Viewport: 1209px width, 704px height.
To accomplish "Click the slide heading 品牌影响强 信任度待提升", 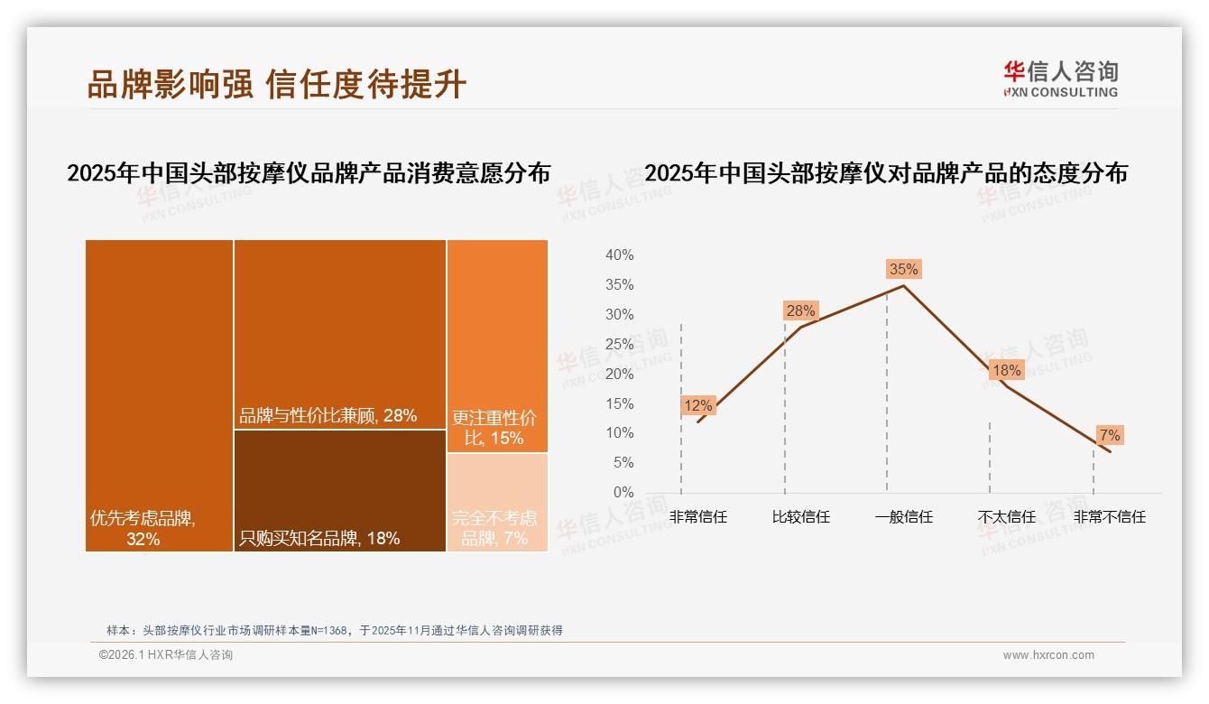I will point(277,84).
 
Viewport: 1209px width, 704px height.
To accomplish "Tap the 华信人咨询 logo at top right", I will point(1060,79).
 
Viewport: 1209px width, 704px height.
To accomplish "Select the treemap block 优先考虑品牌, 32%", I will point(160,394).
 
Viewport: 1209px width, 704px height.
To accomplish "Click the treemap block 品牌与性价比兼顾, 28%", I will point(340,333).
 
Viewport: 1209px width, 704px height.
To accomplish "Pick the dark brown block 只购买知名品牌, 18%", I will point(340,490).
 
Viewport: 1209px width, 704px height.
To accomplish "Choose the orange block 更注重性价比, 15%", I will point(497,345).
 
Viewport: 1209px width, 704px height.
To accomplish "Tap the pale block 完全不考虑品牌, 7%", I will point(497,502).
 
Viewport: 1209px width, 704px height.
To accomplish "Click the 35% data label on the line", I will point(903,269).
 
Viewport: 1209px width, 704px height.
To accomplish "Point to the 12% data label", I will point(697,405).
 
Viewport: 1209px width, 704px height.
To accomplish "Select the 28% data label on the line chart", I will point(800,310).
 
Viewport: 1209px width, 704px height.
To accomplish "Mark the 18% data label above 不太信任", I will point(1006,370).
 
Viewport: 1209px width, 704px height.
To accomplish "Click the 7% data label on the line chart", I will point(1109,435).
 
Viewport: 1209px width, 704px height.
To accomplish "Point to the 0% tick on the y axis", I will point(623,493).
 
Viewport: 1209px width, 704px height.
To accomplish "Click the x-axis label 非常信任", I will point(697,517).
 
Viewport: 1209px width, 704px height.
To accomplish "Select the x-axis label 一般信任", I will point(903,517).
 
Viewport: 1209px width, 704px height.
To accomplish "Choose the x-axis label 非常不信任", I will point(1109,517).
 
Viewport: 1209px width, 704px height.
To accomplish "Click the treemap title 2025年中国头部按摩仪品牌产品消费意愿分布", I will point(309,173).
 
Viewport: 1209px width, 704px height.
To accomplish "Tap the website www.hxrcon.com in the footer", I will point(1048,655).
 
